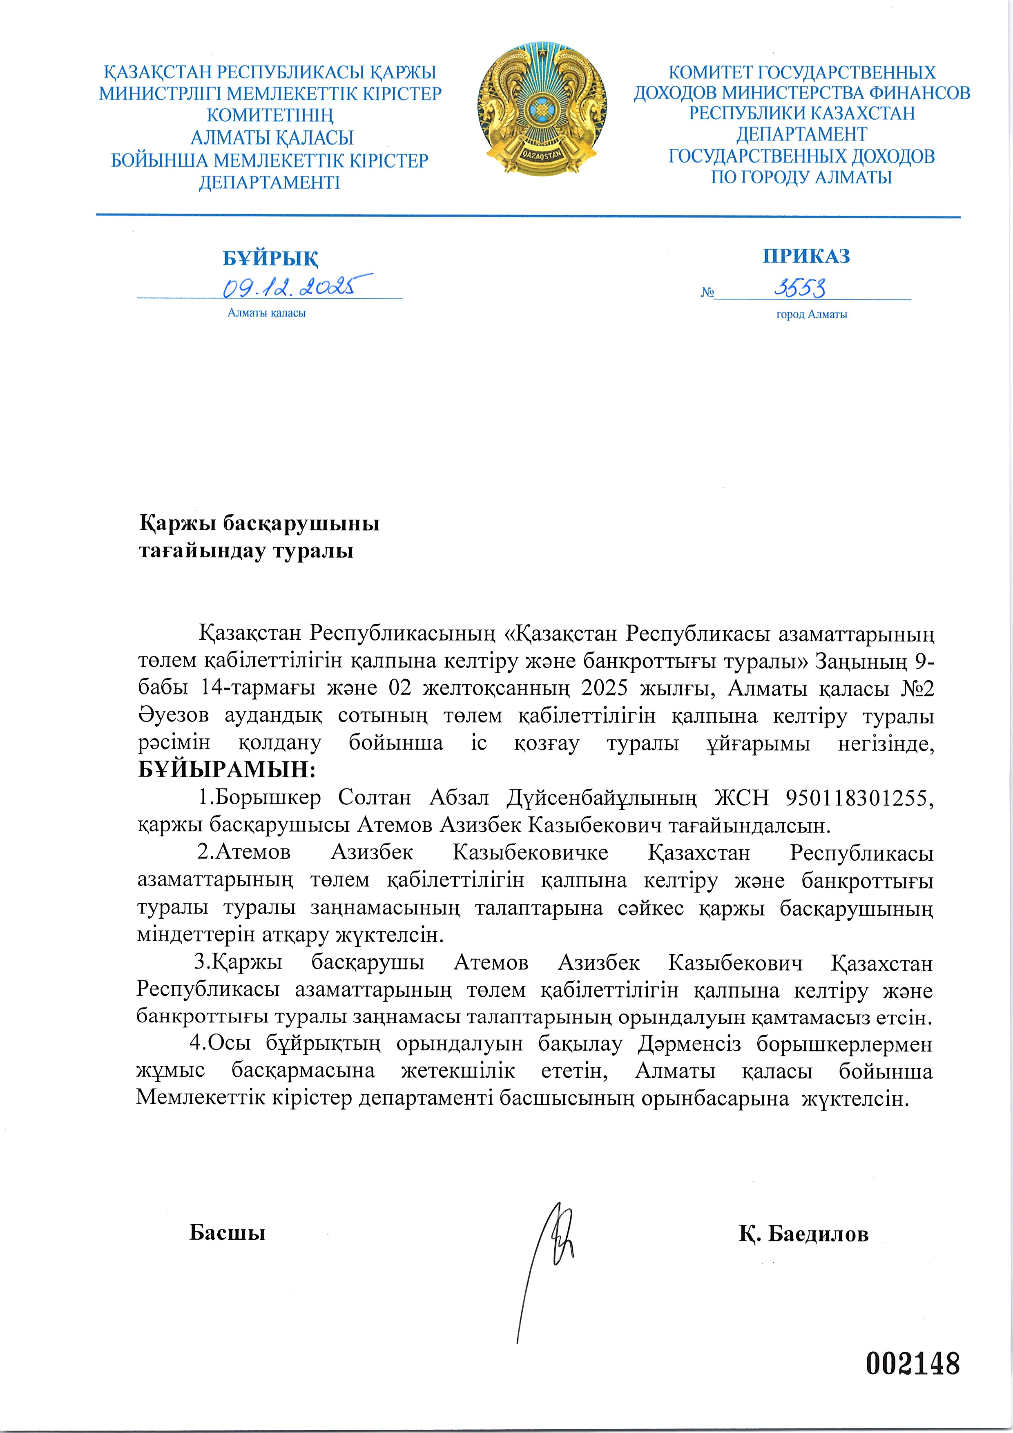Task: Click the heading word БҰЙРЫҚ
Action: click(270, 258)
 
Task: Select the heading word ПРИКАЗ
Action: click(806, 256)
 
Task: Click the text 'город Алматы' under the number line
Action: click(811, 315)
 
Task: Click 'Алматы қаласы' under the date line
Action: click(266, 313)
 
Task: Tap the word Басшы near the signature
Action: click(227, 1233)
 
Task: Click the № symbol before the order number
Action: click(707, 292)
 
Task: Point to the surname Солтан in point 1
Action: click(375, 798)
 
